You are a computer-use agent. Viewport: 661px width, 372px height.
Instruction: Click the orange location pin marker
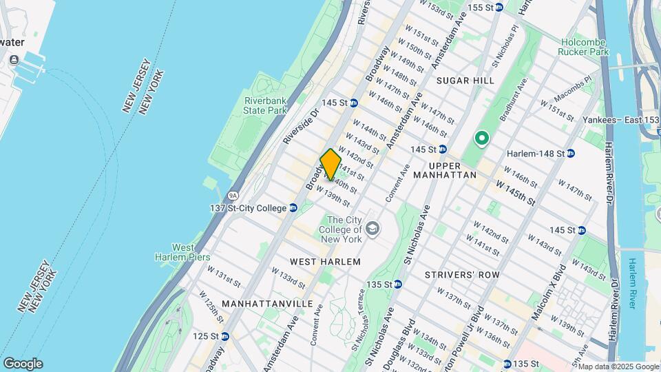[x=330, y=165]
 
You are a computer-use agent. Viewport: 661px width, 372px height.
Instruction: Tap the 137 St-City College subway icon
[x=293, y=207]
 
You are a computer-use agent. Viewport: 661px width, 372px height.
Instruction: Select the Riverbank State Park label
[x=265, y=105]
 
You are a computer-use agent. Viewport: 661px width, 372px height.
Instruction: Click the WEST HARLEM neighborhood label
[x=325, y=262]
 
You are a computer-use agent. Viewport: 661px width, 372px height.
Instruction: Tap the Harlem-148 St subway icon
[x=571, y=153]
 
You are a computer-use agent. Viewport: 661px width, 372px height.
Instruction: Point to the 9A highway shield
[x=233, y=196]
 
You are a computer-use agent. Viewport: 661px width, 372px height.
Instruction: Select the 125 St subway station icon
[x=224, y=336]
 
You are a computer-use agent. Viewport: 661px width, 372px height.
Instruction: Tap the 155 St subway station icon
[x=500, y=8]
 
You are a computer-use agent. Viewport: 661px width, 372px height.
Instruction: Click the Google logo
[x=23, y=364]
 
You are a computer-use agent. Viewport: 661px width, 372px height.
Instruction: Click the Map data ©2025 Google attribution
[x=619, y=366]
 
